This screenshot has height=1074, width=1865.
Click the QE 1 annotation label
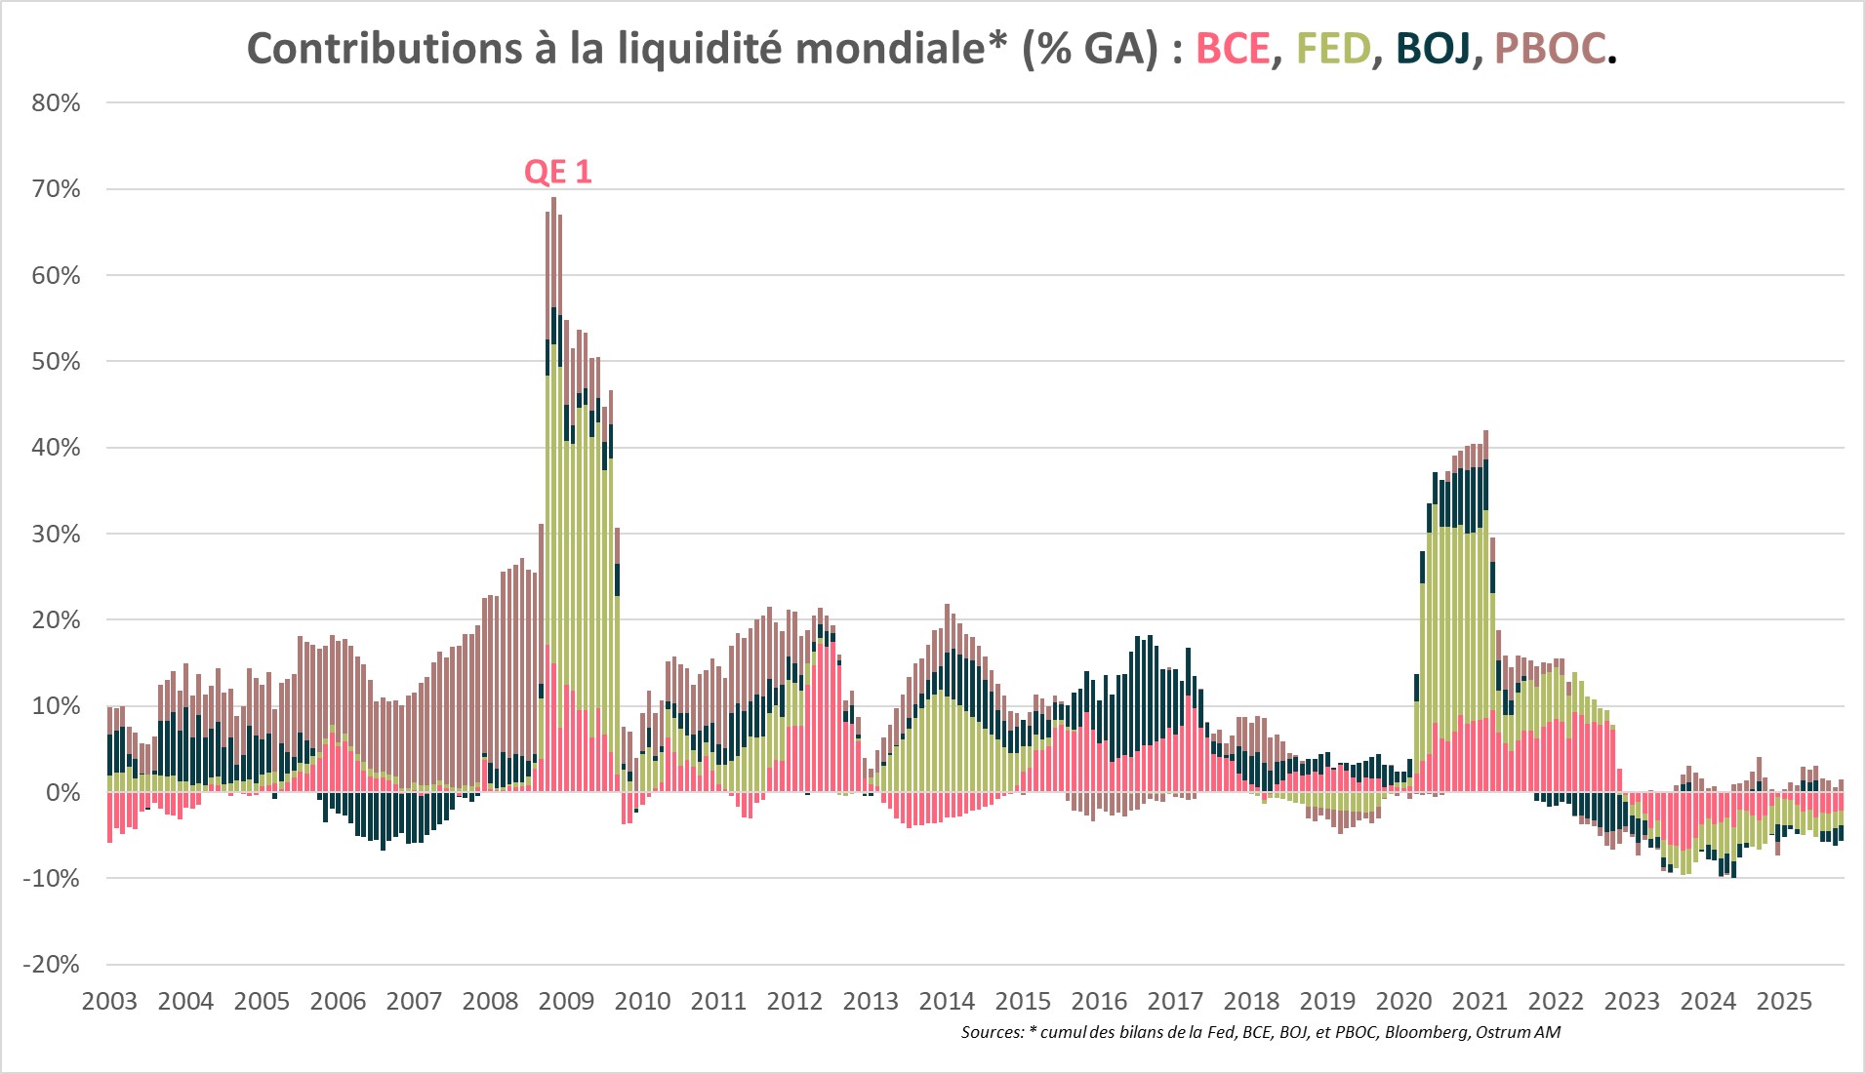point(557,172)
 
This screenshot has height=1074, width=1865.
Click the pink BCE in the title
point(1233,49)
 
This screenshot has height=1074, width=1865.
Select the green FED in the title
point(1333,49)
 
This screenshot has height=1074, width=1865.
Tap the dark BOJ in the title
point(1433,49)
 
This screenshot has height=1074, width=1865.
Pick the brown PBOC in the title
point(1550,49)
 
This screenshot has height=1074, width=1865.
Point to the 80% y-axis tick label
point(56,103)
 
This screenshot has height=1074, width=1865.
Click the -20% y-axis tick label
point(52,964)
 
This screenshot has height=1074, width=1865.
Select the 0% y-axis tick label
point(62,792)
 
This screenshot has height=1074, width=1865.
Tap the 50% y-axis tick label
point(56,361)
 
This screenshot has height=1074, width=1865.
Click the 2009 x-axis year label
point(566,1001)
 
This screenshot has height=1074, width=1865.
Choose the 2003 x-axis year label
point(109,1001)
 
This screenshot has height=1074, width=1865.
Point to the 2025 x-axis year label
point(1784,1001)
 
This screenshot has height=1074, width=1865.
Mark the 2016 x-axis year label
point(1099,1001)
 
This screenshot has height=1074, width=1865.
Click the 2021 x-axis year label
point(1480,1001)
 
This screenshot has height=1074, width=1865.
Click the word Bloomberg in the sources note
point(1427,1032)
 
